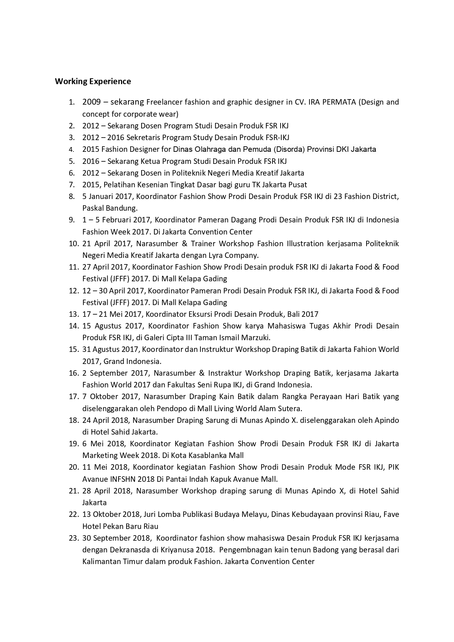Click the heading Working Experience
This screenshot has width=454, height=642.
pyautogui.click(x=93, y=81)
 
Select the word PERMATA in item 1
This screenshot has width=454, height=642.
pyautogui.click(x=339, y=102)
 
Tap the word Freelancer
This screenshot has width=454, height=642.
pyautogui.click(x=165, y=102)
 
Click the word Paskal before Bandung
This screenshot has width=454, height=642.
pyautogui.click(x=93, y=208)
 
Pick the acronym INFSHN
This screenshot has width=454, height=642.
pyautogui.click(x=116, y=479)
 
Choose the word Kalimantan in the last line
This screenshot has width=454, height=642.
pyautogui.click(x=101, y=561)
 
